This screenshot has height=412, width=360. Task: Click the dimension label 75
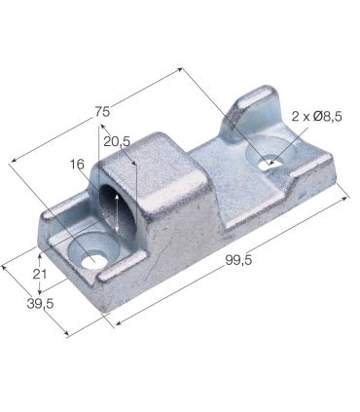[x=102, y=110]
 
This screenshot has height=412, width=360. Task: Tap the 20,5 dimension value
[x=116, y=142]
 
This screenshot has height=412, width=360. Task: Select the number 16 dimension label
[x=78, y=165]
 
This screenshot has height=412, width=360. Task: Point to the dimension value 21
[x=40, y=275]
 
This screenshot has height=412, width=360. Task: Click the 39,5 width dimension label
[x=40, y=304]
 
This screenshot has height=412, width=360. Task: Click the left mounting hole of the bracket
[x=93, y=260]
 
